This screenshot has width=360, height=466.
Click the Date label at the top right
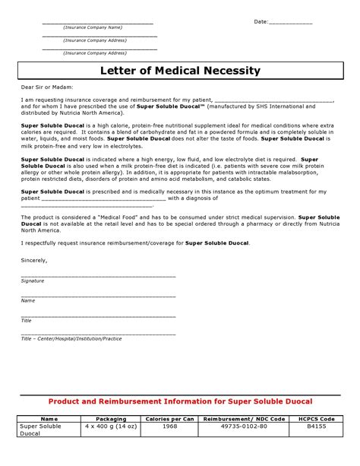click(261, 22)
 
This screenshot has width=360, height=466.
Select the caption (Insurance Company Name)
click(93, 27)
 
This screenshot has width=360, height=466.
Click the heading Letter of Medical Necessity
click(180, 71)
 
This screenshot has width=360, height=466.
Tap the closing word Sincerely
click(34, 259)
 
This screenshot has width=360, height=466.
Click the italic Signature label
click(33, 281)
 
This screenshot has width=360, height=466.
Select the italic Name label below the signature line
click(28, 300)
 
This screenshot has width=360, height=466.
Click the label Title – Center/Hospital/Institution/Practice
click(71, 338)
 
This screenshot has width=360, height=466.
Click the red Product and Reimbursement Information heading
click(180, 401)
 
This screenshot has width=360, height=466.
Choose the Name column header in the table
click(49, 419)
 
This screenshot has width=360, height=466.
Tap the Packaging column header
click(110, 419)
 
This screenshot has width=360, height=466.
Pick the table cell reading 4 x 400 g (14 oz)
click(110, 427)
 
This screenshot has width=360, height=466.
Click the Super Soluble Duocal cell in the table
click(43, 431)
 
